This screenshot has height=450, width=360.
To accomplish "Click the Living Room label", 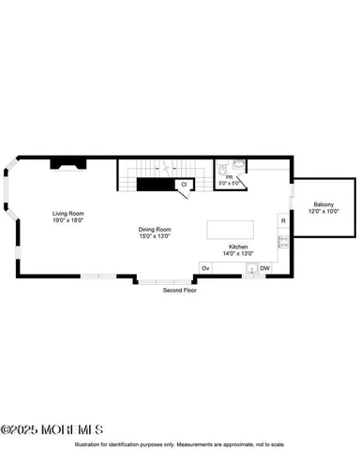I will [67, 214].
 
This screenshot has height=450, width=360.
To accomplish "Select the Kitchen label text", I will [238, 247].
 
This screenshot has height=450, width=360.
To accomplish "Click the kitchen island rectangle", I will [229, 231].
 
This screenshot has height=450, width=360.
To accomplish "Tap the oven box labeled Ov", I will [206, 268].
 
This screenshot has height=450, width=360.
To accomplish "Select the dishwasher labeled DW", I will [265, 268].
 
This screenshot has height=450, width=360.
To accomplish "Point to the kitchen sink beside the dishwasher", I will [250, 268].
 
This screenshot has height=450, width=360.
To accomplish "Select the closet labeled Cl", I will [184, 185].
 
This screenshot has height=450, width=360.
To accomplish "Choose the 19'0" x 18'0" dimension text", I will [67, 220].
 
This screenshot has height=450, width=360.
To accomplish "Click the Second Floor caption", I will [180, 290].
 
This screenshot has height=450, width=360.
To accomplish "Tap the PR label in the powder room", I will [228, 176].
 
